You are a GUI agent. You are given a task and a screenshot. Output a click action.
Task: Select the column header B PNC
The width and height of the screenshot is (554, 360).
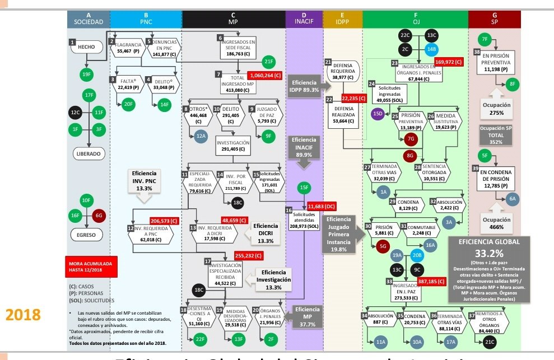coord(146,19)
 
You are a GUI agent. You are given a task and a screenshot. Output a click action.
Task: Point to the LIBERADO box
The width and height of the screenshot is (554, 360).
coord(90,153)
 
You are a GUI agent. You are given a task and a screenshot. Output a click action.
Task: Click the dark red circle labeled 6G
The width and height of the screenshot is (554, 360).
coord(100,215)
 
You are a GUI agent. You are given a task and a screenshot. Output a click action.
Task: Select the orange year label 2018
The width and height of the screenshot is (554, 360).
coord(24,314)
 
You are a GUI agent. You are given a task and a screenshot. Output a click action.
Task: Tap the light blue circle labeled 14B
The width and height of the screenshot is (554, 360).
coord(432,49)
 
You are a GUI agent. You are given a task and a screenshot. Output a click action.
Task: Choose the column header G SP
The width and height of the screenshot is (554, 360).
coord(495,19)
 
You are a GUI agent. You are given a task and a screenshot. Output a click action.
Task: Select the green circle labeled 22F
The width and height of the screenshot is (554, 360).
coord(201,339)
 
